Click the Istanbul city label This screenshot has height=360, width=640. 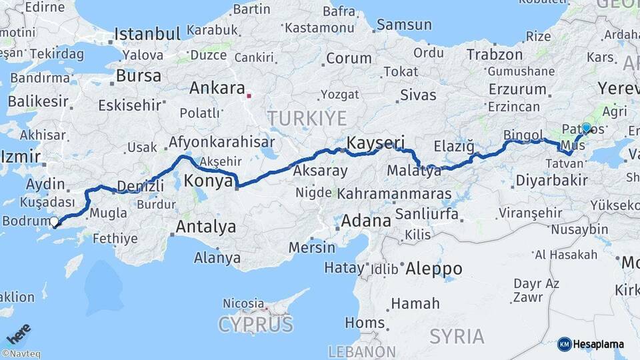pos(147,34)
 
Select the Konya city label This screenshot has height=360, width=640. pos(207,181)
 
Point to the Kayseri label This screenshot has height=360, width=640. pos(376,143)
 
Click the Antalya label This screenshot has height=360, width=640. pos(205,227)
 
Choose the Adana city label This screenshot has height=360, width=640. pos(365,221)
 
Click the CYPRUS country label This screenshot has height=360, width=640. pos(256,325)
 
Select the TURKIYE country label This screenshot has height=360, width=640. pos(307,119)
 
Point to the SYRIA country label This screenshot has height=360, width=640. pos(456,336)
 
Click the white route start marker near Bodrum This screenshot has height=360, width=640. pos(55,221)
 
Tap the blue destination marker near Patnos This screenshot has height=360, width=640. pos(586,127)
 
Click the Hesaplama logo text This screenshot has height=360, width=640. pos(598,345)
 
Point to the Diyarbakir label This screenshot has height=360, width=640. pos(551,180)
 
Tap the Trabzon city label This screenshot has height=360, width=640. pos(495,55)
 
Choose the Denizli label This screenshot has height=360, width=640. pos(140,186)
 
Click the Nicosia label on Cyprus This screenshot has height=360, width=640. pos(243,303)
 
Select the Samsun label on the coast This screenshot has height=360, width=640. pos(404,25)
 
